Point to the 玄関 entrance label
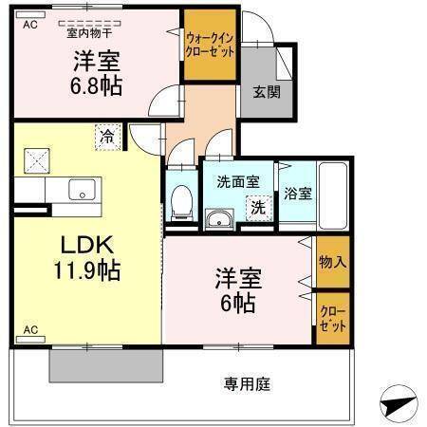(x=267, y=92)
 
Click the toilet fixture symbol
(x=180, y=201)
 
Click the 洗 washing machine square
(x=257, y=207)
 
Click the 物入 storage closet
(x=331, y=261)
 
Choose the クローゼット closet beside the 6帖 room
(x=331, y=318)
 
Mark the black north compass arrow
(x=398, y=404)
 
